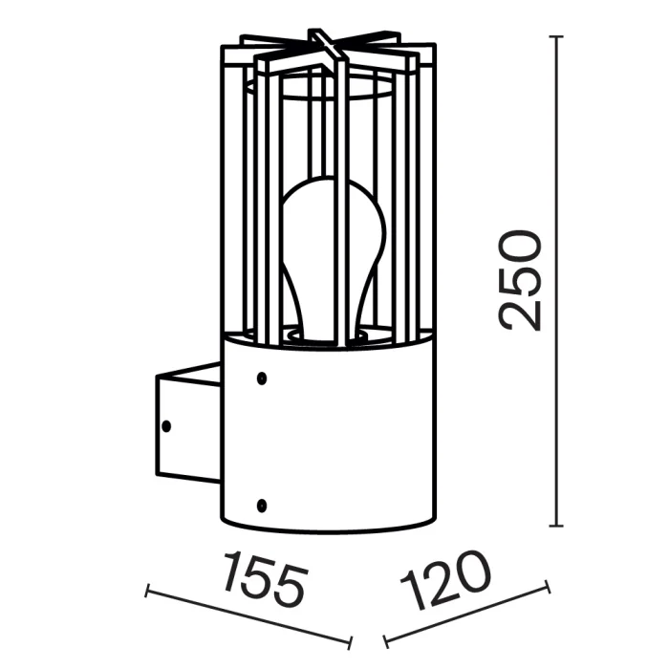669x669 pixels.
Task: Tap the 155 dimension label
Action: tap(265, 577)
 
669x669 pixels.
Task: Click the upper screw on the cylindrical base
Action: tap(261, 379)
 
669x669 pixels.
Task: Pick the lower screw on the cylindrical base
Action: tap(261, 502)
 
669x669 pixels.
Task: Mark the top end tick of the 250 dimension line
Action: tap(557, 36)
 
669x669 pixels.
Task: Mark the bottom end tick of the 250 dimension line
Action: tap(557, 526)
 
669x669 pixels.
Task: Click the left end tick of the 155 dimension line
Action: tap(146, 592)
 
